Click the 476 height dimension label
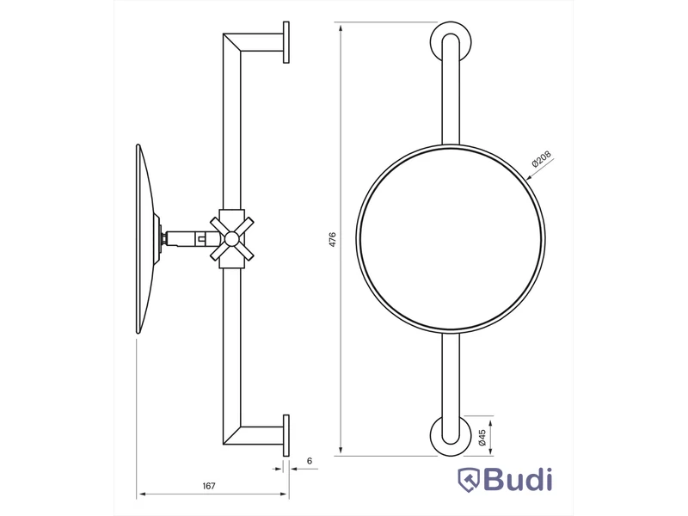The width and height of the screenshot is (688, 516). pyautogui.click(x=332, y=240)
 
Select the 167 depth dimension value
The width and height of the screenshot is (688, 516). pyautogui.click(x=209, y=486)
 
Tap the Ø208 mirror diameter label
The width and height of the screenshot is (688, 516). pyautogui.click(x=541, y=159)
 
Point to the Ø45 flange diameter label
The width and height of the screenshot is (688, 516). pyautogui.click(x=482, y=438)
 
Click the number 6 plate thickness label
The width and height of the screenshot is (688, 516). pyautogui.click(x=310, y=461)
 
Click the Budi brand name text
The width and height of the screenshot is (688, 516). pyautogui.click(x=519, y=480)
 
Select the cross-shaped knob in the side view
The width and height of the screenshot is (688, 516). pyautogui.click(x=231, y=239)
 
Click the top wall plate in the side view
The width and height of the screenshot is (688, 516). pyautogui.click(x=286, y=42)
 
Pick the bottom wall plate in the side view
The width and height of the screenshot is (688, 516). pyautogui.click(x=286, y=436)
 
